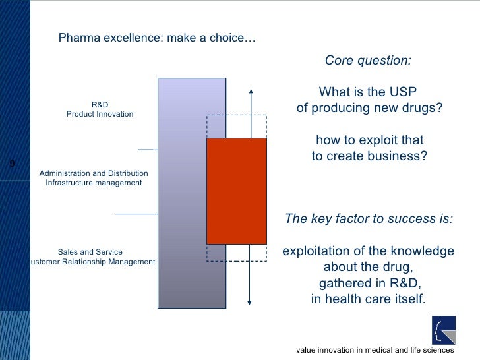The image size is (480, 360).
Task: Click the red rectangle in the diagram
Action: click(237, 191)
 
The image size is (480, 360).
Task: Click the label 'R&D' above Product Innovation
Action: click(100, 105)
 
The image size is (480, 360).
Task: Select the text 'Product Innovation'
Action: click(100, 114)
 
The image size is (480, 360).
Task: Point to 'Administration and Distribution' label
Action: click(94, 173)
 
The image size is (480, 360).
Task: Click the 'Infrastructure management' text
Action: click(94, 183)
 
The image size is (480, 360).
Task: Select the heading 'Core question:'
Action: click(368, 61)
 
